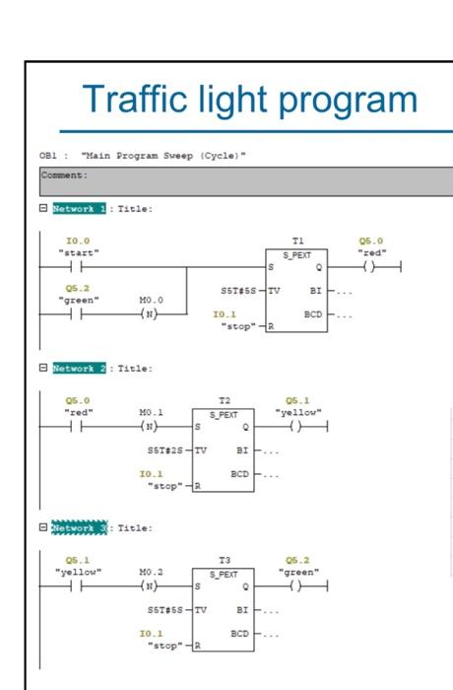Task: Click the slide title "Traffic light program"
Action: pyautogui.click(x=250, y=99)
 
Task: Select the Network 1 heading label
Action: pyautogui.click(x=79, y=209)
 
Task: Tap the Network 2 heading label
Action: pyautogui.click(x=79, y=368)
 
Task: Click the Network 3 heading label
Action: pyautogui.click(x=79, y=528)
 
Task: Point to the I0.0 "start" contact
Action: pyautogui.click(x=78, y=266)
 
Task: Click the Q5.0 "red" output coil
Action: pyautogui.click(x=371, y=266)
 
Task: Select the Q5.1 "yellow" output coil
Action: pyautogui.click(x=296, y=426)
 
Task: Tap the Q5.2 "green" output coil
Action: pyautogui.click(x=296, y=586)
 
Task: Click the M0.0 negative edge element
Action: pyautogui.click(x=151, y=314)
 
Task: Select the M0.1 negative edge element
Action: pyautogui.click(x=151, y=426)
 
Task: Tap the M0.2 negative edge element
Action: pyautogui.click(x=151, y=586)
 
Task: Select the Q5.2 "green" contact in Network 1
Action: pyautogui.click(x=78, y=314)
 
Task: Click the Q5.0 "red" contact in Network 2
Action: pyautogui.click(x=78, y=426)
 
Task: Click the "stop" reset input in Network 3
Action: pyautogui.click(x=165, y=646)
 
